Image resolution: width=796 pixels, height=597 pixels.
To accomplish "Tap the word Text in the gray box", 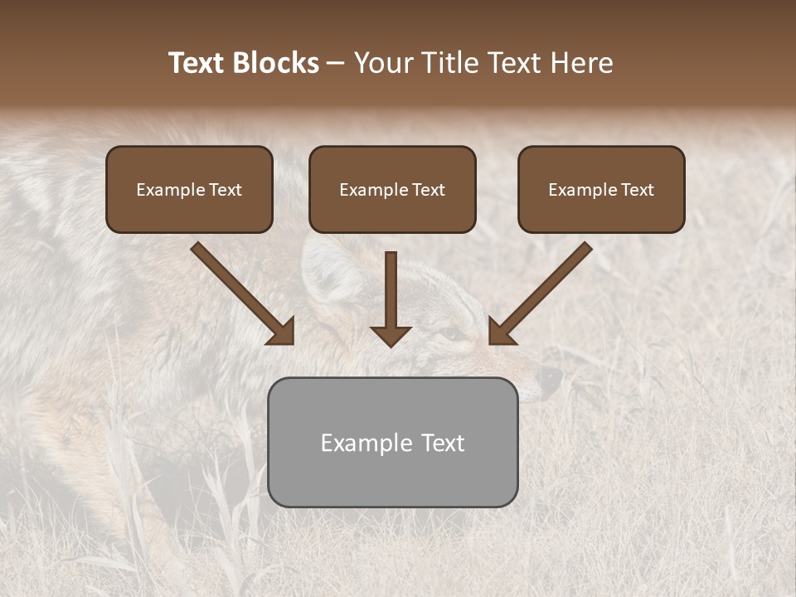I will click(x=442, y=443).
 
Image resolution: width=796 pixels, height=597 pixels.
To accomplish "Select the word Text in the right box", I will click(x=638, y=190).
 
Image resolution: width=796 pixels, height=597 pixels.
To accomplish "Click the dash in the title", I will click(x=337, y=63).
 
